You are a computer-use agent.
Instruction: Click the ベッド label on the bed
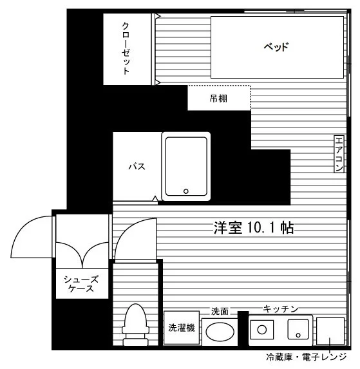tap(276, 47)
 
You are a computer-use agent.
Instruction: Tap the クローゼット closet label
tap(126, 48)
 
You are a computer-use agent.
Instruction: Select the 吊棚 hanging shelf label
tap(218, 99)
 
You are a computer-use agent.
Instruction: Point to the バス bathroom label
tap(137, 167)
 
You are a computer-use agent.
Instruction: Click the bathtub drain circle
tap(186, 191)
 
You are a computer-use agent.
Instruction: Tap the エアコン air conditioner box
tap(339, 154)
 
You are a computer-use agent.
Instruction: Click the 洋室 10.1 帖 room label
tap(254, 228)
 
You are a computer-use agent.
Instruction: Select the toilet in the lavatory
tap(135, 325)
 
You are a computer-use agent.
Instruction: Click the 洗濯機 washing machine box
tap(182, 328)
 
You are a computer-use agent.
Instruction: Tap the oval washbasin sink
tap(220, 332)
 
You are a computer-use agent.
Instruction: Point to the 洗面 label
tap(220, 311)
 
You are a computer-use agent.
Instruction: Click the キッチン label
tap(281, 308)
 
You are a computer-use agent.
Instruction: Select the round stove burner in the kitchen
tap(262, 330)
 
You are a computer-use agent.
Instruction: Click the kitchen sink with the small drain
tap(298, 329)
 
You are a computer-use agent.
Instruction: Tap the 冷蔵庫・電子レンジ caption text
tap(307, 357)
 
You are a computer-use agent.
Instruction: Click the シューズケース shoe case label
tap(81, 284)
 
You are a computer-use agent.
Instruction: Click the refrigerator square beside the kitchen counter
tap(330, 331)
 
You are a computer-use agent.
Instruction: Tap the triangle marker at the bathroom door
tap(155, 199)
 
